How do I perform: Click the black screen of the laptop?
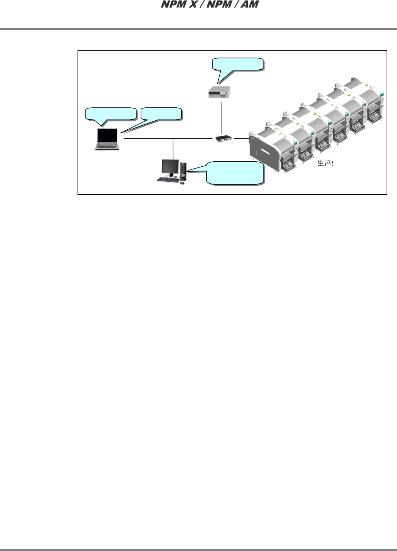coord(108,135)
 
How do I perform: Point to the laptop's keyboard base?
coord(107,146)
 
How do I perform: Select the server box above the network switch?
coord(219,93)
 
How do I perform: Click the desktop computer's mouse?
coord(182,183)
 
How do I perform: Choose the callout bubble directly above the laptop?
coord(111,114)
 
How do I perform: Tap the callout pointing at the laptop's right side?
coord(162,114)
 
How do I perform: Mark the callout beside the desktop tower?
coord(235,173)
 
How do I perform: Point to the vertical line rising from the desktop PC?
coord(173,148)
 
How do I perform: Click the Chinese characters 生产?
coord(324,163)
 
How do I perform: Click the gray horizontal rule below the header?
coord(198,29)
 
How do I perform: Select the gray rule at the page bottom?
coord(198,549)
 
